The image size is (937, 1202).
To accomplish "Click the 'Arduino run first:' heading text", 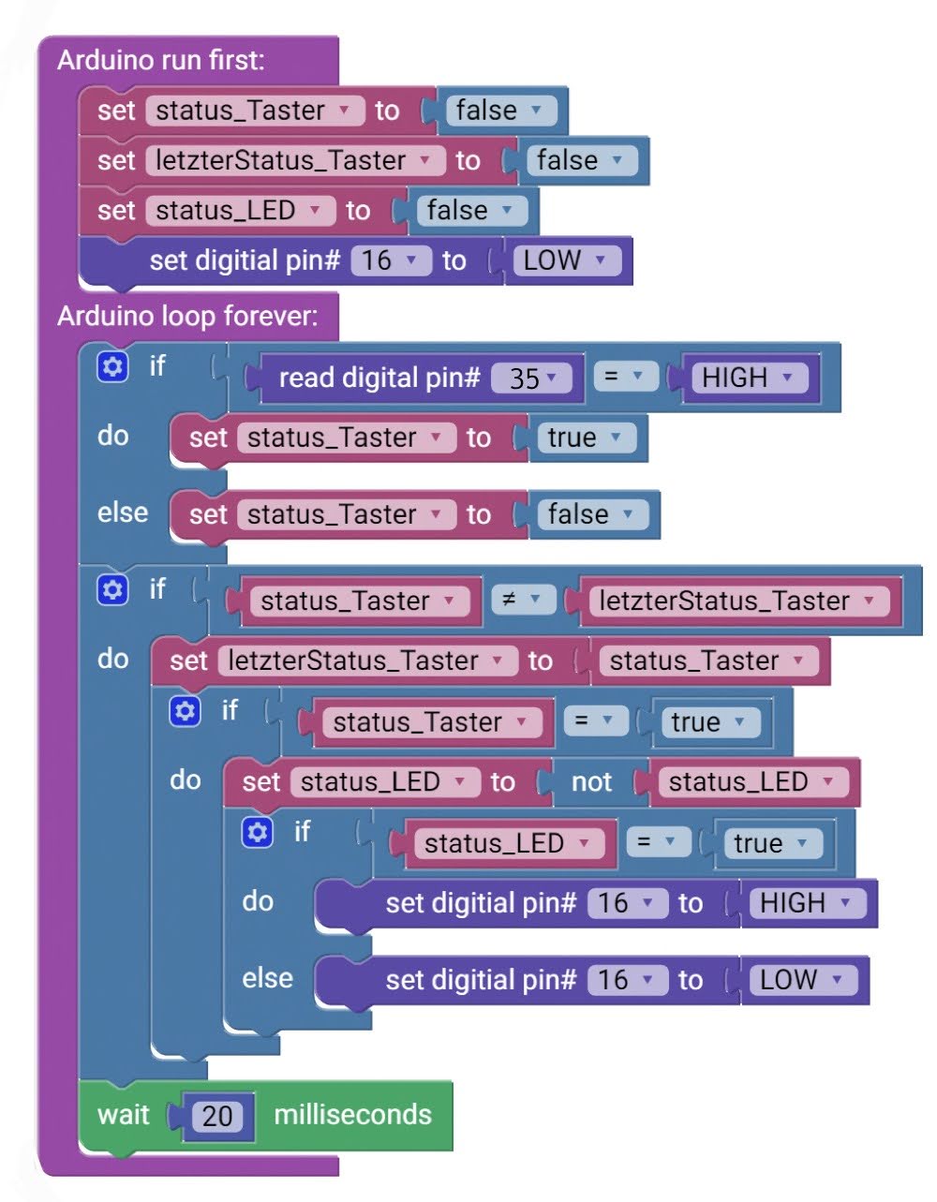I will [x=160, y=61].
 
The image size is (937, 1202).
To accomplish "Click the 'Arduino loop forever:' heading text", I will [x=187, y=316].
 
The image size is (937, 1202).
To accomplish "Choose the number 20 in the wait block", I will [x=217, y=1116].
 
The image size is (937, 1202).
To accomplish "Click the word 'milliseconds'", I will [x=352, y=1115].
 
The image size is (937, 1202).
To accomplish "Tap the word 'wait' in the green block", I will [x=123, y=1115].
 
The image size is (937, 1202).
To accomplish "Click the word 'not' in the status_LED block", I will [x=591, y=782].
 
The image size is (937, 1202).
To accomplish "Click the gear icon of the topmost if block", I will [x=112, y=366].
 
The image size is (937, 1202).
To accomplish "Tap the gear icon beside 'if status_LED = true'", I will [x=257, y=832].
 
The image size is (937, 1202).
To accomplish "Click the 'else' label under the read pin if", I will [x=123, y=512].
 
